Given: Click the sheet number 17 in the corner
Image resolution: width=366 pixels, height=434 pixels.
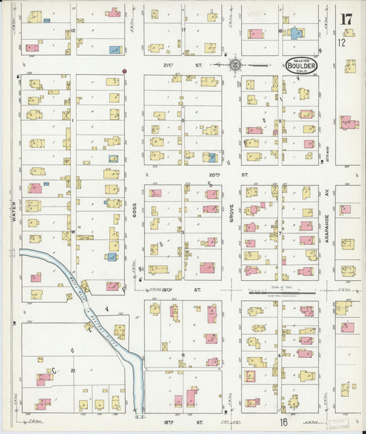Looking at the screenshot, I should point(346,19).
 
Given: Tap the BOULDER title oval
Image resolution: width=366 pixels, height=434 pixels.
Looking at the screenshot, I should point(302,66).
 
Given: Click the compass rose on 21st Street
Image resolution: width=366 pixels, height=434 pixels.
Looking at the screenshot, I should point(235,65).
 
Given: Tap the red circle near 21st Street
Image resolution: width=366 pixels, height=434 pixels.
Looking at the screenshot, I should point(124,71).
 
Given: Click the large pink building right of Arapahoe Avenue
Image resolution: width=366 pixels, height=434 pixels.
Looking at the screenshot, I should point(349,123).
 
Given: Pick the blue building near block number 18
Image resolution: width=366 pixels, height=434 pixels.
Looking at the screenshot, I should point(296,32).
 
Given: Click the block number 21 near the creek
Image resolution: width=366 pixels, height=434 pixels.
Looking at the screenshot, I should point(72,370).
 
